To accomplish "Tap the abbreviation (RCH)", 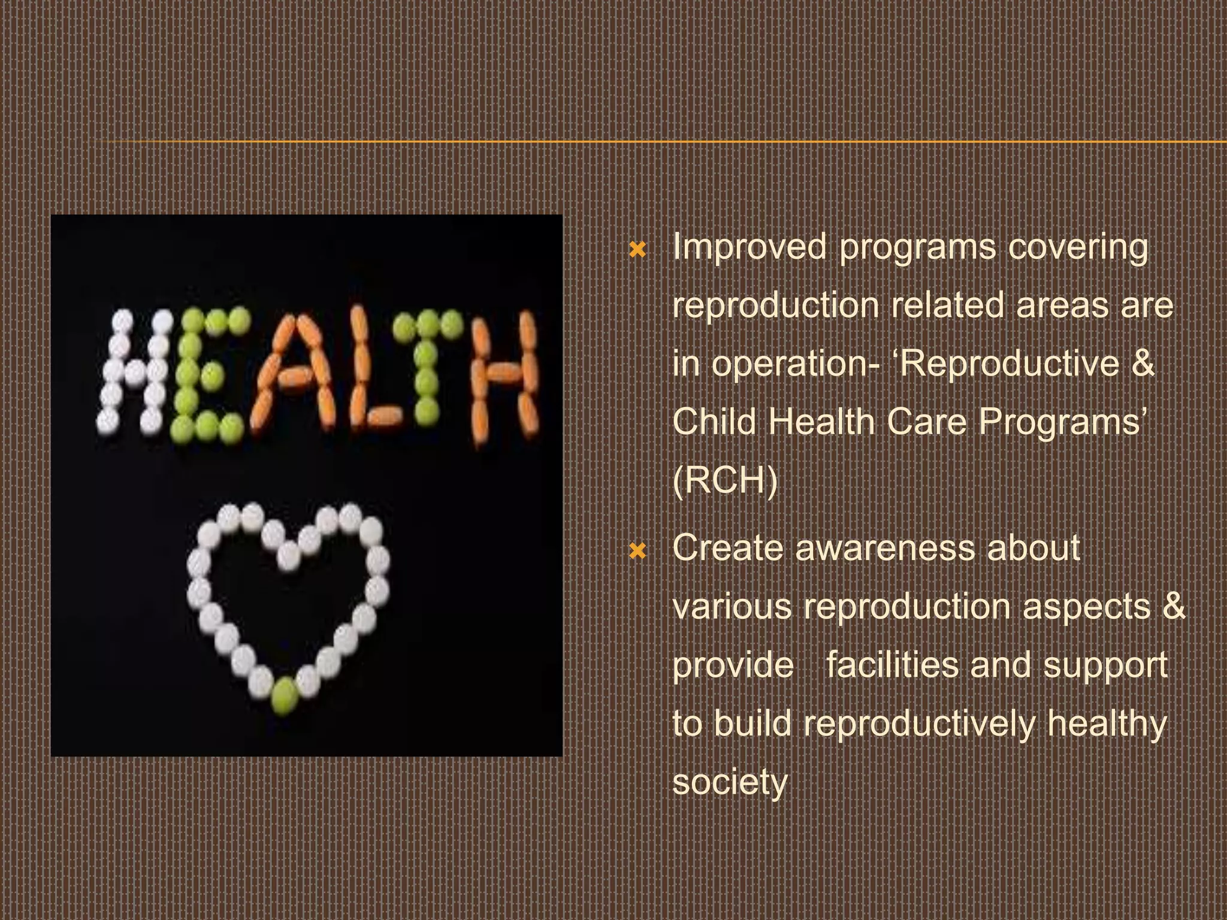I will click(724, 481).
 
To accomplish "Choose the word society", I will click(729, 782).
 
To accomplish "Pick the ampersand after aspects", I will click(1174, 606).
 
